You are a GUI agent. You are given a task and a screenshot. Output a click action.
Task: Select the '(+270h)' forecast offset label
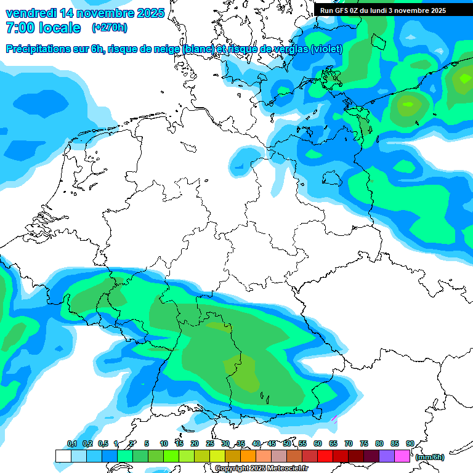pos(110,28)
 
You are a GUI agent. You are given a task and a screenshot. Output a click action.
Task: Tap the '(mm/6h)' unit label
pos(430,457)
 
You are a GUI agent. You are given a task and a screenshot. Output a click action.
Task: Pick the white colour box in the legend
pos(63,456)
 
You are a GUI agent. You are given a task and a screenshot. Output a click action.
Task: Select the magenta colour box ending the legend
pos(402,456)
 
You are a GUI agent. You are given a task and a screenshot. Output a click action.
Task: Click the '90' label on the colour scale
pos(410,444)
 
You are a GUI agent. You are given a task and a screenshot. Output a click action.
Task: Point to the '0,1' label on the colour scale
pos(71,444)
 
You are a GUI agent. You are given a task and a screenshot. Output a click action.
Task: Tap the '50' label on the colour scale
pos(287,444)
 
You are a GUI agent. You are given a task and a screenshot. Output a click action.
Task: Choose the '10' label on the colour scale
pos(164,444)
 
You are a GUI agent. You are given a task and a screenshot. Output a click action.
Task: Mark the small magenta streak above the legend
pos(334,419)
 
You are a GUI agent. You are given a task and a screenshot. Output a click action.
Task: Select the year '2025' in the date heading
pos(150,13)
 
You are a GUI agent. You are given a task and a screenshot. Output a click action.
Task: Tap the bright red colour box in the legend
pos(325,456)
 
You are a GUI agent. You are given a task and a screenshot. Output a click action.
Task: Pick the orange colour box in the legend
pos(248,456)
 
